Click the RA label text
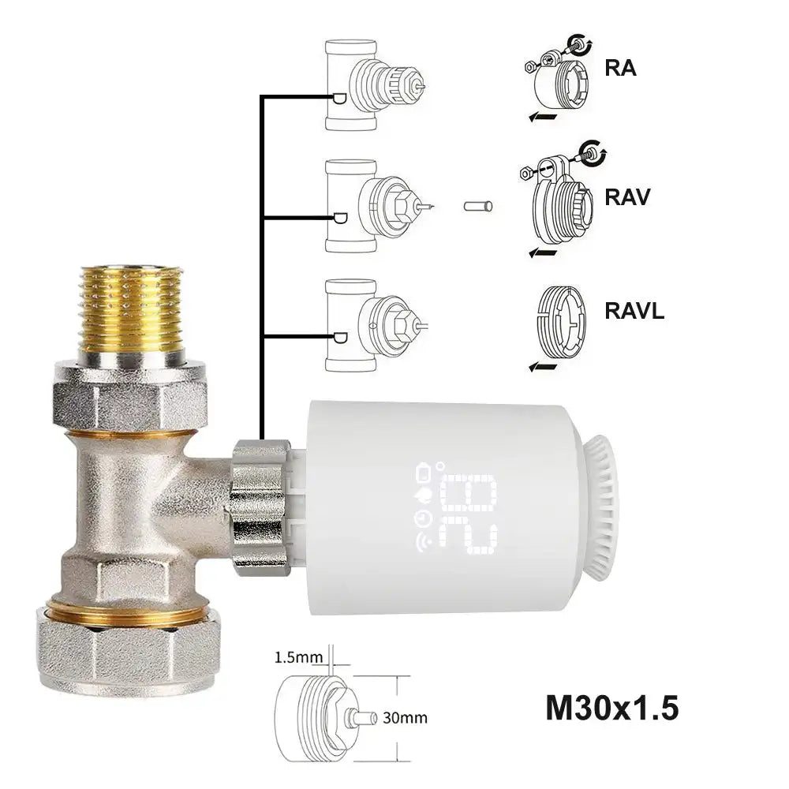620,68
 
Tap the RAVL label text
634,310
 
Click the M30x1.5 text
611,708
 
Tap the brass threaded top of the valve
132,312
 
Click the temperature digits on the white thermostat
471,514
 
